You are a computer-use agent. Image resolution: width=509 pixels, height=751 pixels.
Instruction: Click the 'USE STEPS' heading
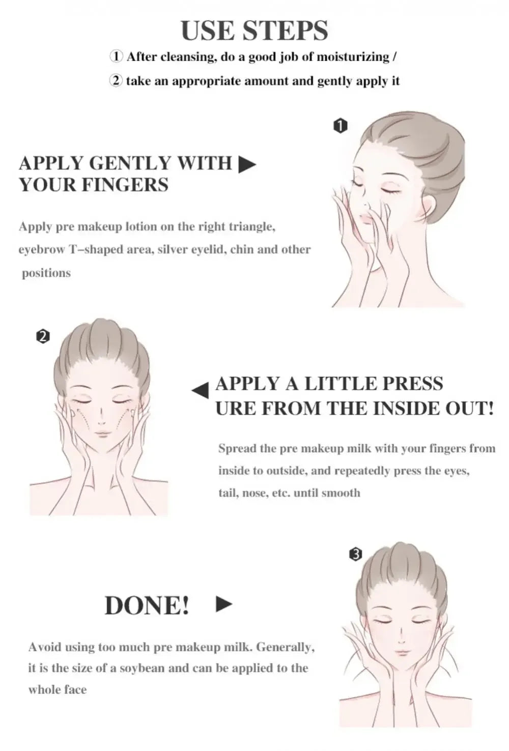point(254,31)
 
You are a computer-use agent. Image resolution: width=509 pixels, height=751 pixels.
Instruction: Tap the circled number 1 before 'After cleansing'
point(116,56)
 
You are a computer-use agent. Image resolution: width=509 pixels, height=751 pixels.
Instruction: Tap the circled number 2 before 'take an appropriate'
point(116,81)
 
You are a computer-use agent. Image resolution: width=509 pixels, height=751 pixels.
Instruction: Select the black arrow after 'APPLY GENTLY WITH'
point(247,164)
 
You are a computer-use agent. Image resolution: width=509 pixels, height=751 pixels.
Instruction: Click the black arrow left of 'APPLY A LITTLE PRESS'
point(201,390)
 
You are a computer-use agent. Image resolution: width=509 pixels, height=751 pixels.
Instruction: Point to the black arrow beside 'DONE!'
point(224,604)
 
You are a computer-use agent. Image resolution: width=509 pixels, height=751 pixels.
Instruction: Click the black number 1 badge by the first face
point(340,125)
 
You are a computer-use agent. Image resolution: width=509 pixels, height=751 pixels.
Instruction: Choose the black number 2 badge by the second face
point(43,336)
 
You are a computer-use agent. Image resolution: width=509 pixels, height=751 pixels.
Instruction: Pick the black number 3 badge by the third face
point(356,554)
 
